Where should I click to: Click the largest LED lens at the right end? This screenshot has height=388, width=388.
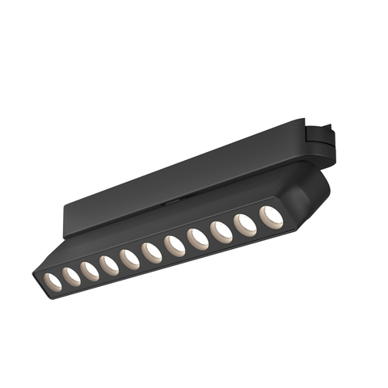pyautogui.click(x=270, y=216)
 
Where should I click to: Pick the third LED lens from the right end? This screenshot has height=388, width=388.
pyautogui.click(x=221, y=232)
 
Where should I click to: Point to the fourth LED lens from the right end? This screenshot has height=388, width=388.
pyautogui.click(x=198, y=239)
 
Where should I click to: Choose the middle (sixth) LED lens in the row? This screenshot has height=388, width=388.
pyautogui.click(x=152, y=252)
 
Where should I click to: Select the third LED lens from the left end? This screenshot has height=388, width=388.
pyautogui.click(x=91, y=271)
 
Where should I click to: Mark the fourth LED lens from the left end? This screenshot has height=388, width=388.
pyautogui.click(x=110, y=264)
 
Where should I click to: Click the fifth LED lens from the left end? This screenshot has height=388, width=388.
pyautogui.click(x=130, y=259)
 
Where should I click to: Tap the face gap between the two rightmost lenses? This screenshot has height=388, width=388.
pyautogui.click(x=258, y=221)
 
